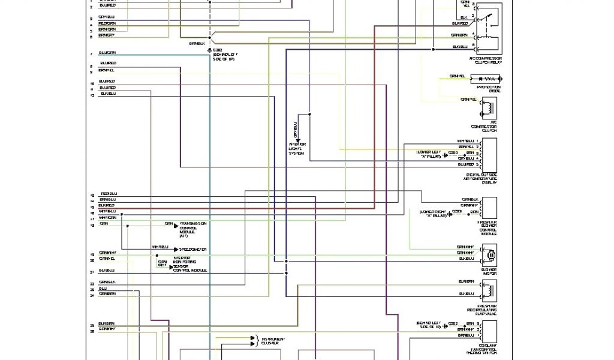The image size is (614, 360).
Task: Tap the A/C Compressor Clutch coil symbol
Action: click(x=488, y=109)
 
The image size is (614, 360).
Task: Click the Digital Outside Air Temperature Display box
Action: click(x=489, y=155)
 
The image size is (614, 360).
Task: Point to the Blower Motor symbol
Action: click(x=489, y=255)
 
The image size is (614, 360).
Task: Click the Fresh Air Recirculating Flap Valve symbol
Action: click(x=489, y=292)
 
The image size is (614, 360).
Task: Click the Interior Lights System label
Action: click(x=297, y=149)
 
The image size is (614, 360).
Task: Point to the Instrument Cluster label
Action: click(x=273, y=341)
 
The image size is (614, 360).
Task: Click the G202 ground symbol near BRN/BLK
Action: click(x=209, y=50)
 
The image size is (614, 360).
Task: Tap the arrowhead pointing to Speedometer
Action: click(x=176, y=250)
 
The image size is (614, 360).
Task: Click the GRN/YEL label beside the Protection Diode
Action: click(x=459, y=76)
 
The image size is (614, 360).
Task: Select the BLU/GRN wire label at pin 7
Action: click(x=108, y=53)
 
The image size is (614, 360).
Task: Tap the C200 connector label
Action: click(x=453, y=154)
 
